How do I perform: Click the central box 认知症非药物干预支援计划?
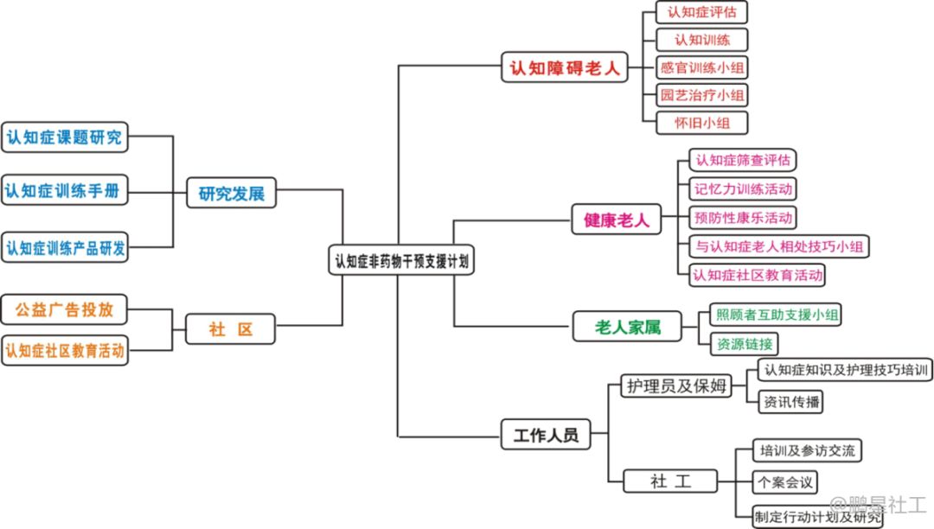point(403,260)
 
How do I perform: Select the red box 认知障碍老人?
point(566,68)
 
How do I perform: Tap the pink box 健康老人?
point(617,220)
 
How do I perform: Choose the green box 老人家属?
point(628,327)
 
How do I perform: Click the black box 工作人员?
point(546,435)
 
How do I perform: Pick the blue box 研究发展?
point(231,194)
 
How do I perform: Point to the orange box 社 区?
point(231,329)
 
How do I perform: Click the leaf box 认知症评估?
point(701,13)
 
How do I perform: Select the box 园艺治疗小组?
point(701,95)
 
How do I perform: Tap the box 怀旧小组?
point(701,123)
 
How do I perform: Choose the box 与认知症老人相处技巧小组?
point(779,246)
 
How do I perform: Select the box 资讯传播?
point(789,402)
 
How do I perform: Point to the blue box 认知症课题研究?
point(65,137)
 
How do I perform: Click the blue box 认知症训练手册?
point(65,190)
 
